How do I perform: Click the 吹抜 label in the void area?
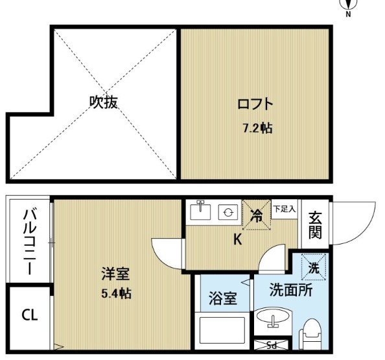[103, 102]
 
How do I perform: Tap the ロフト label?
[255, 104]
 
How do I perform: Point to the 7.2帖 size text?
[257, 128]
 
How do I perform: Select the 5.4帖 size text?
[116, 293]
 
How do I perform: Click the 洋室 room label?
[115, 274]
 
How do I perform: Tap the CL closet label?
[29, 315]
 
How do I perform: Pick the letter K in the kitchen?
[237, 239]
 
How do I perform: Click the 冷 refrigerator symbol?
[256, 215]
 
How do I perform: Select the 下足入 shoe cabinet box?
[285, 209]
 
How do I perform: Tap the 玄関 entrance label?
[315, 225]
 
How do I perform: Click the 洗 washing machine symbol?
[314, 267]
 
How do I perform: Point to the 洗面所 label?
[291, 290]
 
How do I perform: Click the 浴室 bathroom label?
[223, 298]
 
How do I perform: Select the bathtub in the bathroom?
[222, 330]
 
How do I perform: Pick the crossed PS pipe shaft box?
[271, 345]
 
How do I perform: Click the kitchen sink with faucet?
[201, 210]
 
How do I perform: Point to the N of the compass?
[348, 14]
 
